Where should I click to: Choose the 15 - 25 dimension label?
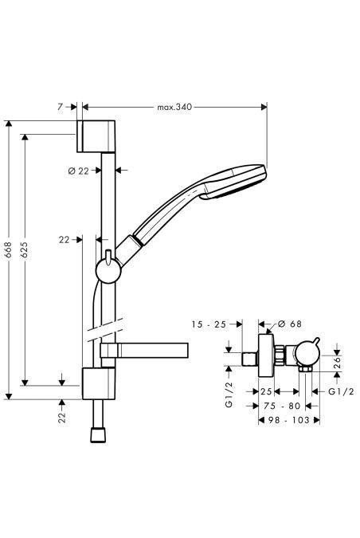210,324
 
